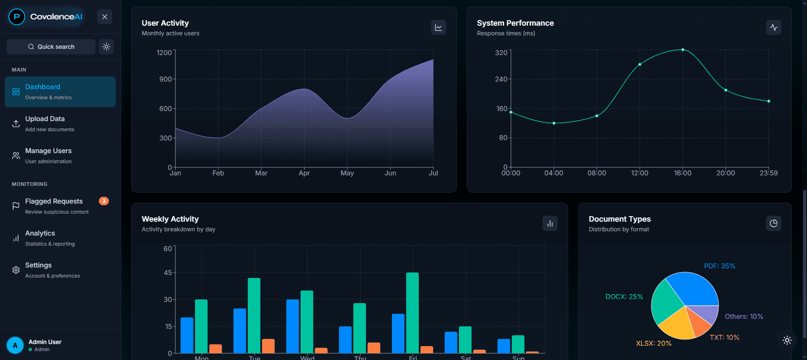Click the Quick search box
pyautogui.click(x=51, y=47)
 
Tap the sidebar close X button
pyautogui.click(x=105, y=17)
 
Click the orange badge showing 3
pyautogui.click(x=104, y=201)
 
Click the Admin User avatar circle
pyautogui.click(x=15, y=346)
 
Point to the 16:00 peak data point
pyautogui.click(x=683, y=50)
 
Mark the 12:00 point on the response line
pyautogui.click(x=640, y=64)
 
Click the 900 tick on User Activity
pyautogui.click(x=165, y=79)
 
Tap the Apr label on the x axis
pyautogui.click(x=304, y=173)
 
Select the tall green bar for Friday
pyautogui.click(x=413, y=313)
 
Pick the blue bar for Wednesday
pyautogui.click(x=293, y=326)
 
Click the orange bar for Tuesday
pyautogui.click(x=268, y=346)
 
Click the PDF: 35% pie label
pyautogui.click(x=720, y=266)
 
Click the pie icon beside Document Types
pyautogui.click(x=774, y=223)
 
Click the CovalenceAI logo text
pyautogui.click(x=56, y=17)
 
